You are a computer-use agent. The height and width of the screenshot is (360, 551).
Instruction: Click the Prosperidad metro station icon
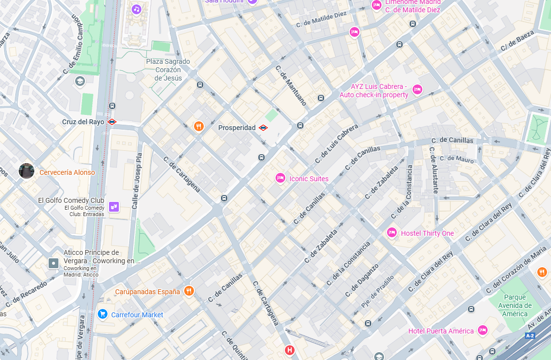263,128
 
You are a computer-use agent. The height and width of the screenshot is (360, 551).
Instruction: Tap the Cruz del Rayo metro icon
112,122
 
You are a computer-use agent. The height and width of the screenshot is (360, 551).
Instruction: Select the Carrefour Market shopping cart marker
102,314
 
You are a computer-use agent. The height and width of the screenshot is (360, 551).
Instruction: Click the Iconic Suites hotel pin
280,178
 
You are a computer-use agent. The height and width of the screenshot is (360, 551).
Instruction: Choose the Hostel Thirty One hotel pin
391,233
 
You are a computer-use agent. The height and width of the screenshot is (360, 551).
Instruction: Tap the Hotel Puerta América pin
483,331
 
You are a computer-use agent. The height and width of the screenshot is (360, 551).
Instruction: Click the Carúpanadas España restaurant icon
189,291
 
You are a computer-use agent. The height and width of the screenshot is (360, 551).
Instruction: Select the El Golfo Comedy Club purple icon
114,207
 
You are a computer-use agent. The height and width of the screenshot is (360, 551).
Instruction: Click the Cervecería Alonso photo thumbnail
26,171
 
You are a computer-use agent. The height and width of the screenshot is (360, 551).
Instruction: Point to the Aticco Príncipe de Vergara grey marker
53,264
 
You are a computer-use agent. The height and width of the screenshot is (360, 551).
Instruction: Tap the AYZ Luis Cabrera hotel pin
417,89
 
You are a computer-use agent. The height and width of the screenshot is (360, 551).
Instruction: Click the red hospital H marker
290,350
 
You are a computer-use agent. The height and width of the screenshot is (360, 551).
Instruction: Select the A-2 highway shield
529,336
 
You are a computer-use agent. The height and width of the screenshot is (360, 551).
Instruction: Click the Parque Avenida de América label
515,305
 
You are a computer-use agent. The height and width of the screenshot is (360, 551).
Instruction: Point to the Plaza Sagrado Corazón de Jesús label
168,70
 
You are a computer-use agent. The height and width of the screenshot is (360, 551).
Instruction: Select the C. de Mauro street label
457,159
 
